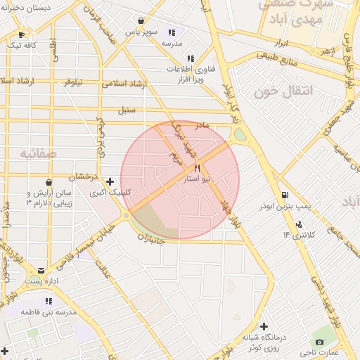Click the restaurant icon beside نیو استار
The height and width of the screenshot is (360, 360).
[197, 168]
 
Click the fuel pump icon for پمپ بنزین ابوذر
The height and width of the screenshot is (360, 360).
[283, 195]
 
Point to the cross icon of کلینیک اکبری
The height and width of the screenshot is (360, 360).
[110, 181]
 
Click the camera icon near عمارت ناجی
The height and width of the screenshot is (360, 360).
[321, 342]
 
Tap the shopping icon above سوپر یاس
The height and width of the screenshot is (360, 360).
[141, 21]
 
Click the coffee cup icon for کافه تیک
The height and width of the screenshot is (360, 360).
[21, 34]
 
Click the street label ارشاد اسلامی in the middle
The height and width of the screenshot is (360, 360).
[123, 84]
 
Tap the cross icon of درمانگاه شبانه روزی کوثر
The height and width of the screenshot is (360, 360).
[264, 326]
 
